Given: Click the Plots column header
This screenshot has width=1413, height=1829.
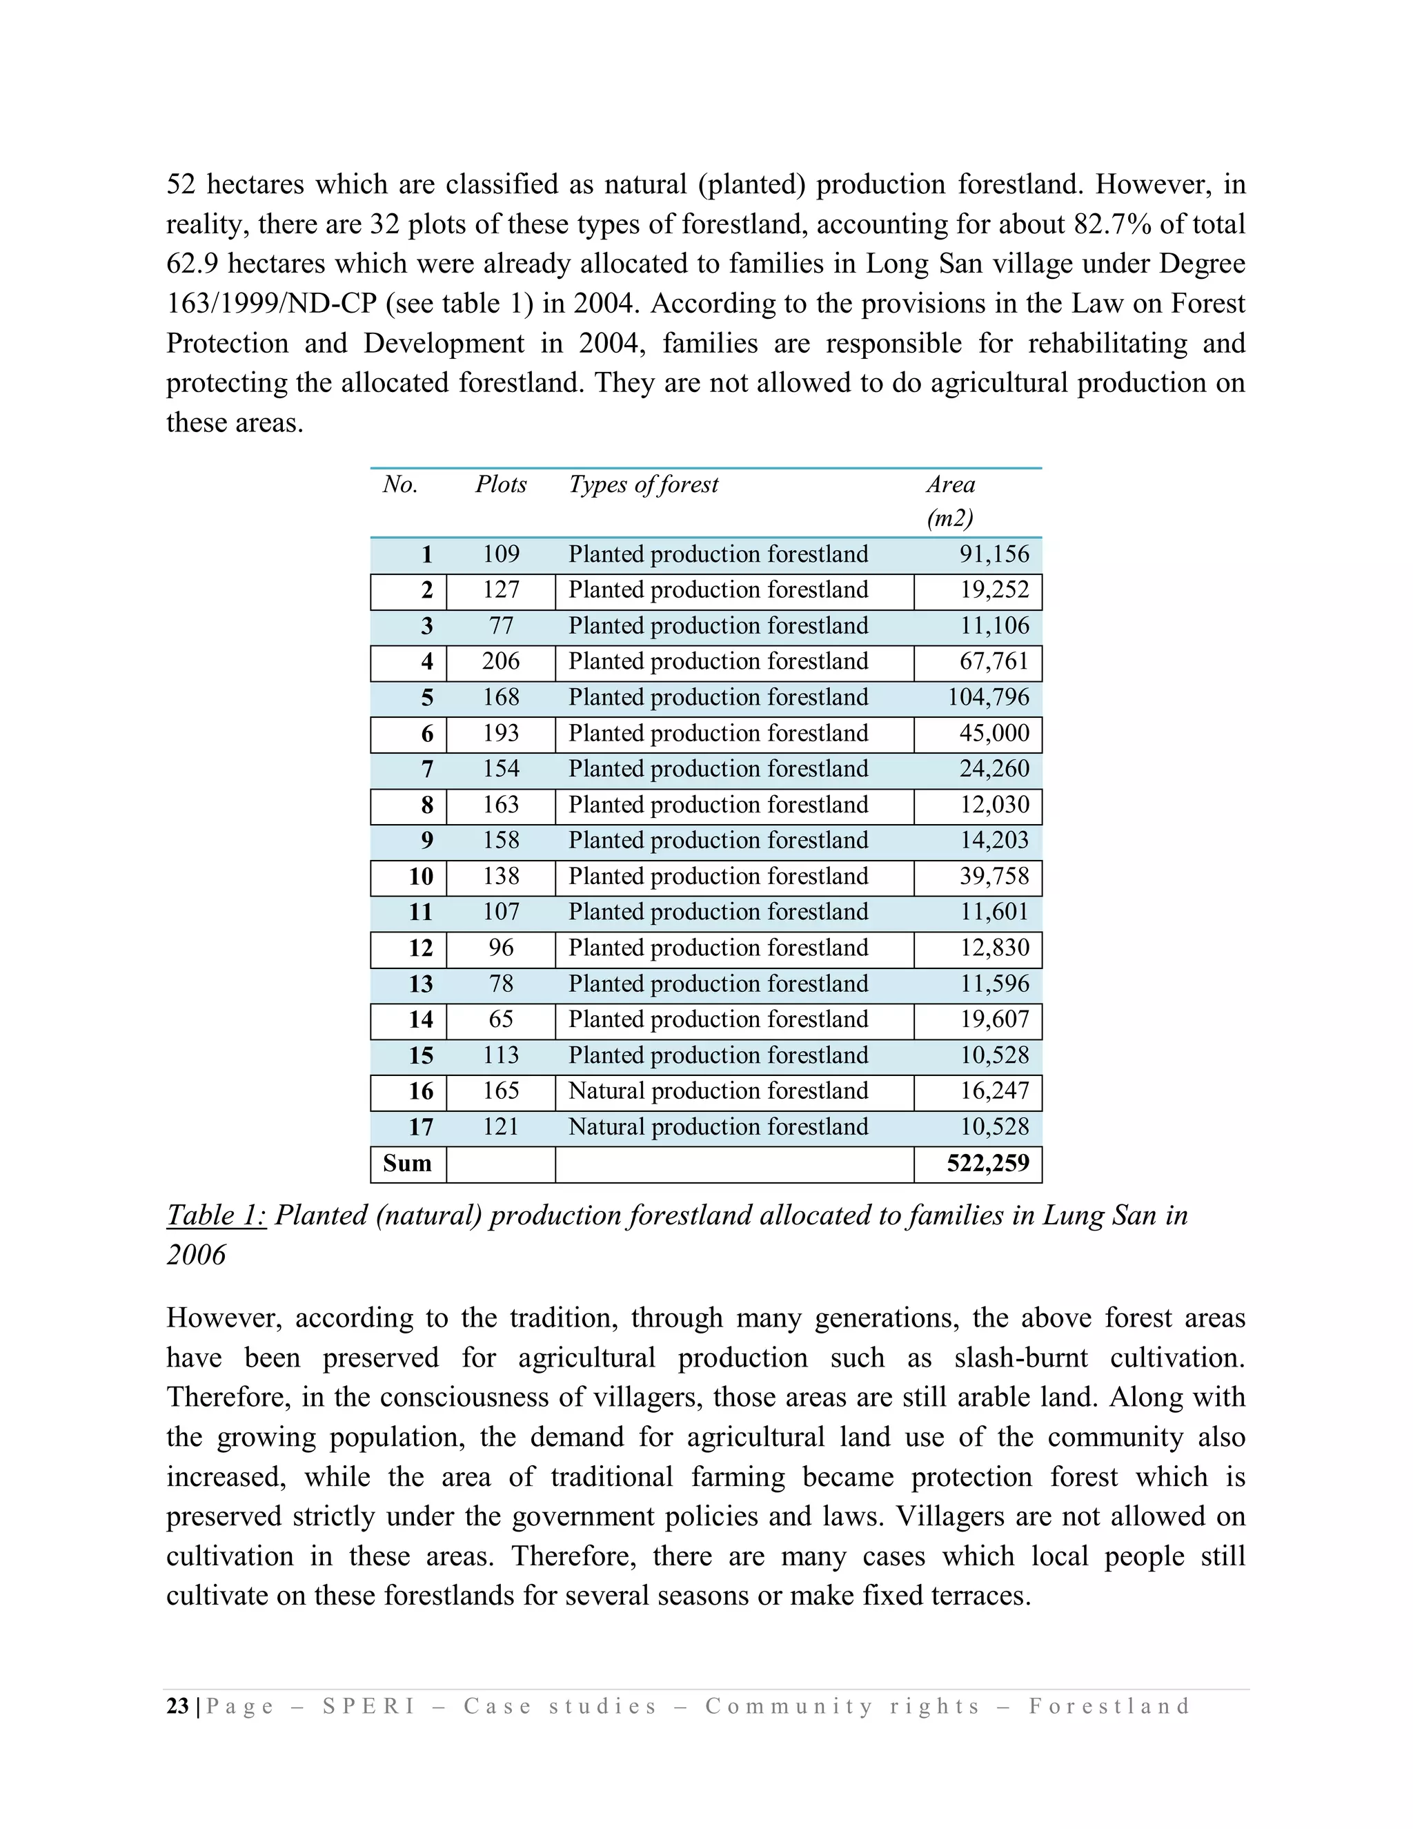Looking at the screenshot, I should pyautogui.click(x=501, y=485).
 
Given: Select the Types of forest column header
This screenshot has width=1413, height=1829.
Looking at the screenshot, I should pyautogui.click(x=643, y=485).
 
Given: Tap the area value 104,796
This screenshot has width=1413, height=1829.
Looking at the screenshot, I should pyautogui.click(x=988, y=698).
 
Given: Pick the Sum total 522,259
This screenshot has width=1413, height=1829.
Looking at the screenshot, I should pyautogui.click(x=988, y=1163).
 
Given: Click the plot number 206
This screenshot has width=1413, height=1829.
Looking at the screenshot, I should pyautogui.click(x=501, y=662).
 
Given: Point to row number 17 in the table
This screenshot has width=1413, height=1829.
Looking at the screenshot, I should pyautogui.click(x=420, y=1127).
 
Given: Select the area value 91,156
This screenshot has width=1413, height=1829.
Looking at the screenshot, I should pyautogui.click(x=994, y=554).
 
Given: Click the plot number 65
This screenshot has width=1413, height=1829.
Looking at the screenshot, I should pyautogui.click(x=501, y=1019).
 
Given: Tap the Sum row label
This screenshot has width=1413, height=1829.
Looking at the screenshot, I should pyautogui.click(x=407, y=1163).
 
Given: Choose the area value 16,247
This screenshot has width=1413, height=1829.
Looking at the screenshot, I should pyautogui.click(x=994, y=1091).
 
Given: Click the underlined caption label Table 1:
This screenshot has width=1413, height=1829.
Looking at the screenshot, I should pyautogui.click(x=216, y=1215).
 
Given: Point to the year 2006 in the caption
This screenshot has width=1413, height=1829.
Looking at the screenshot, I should pyautogui.click(x=196, y=1255).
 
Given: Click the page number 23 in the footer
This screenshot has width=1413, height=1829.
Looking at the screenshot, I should pyautogui.click(x=177, y=1707).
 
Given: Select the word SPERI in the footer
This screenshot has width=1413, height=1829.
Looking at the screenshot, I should pyautogui.click(x=369, y=1707).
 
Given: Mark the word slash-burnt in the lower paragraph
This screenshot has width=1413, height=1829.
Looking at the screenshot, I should pyautogui.click(x=1020, y=1358).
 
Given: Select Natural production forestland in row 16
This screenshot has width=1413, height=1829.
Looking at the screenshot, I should pyautogui.click(x=718, y=1091).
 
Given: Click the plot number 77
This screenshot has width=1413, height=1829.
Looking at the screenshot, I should pyautogui.click(x=501, y=625).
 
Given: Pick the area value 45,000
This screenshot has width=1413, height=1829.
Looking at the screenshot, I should pyautogui.click(x=994, y=734).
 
